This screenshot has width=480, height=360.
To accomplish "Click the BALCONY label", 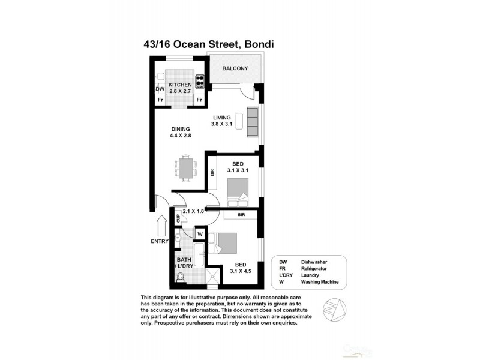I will tap(235, 68).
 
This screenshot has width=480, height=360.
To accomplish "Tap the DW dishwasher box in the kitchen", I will tap(160, 89).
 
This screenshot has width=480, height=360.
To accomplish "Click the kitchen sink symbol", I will tap(160, 76).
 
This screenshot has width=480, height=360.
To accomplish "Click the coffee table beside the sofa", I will tap(241, 121).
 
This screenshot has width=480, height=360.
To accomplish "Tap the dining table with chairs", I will tap(185, 167).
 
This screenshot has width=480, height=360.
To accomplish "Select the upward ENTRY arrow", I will tap(161, 227).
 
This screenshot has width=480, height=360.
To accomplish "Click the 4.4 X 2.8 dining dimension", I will tap(180, 136).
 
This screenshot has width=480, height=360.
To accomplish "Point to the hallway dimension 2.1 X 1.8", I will tap(194, 211).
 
